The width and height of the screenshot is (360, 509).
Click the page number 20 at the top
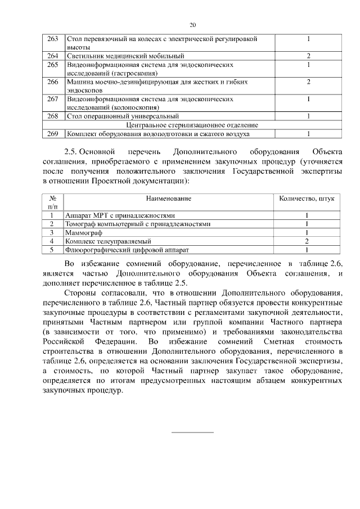click(x=192, y=25)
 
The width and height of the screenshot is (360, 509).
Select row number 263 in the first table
click(x=53, y=39)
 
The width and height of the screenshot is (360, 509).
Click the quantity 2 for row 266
click(x=309, y=82)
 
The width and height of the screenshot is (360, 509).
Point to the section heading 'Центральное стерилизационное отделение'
click(x=192, y=125)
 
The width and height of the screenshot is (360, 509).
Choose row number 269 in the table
click(x=53, y=134)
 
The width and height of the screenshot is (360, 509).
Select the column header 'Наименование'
click(x=169, y=199)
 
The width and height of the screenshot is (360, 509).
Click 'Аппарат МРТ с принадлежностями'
click(x=120, y=215)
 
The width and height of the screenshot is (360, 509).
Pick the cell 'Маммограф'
click(x=83, y=232)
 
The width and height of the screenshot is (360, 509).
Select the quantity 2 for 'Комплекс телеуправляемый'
click(x=307, y=241)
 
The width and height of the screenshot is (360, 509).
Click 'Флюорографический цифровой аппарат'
click(x=127, y=249)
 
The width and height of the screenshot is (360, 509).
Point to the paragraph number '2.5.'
click(x=74, y=152)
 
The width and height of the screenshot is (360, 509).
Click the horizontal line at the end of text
click(x=192, y=433)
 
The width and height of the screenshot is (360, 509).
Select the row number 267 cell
click(x=53, y=99)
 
